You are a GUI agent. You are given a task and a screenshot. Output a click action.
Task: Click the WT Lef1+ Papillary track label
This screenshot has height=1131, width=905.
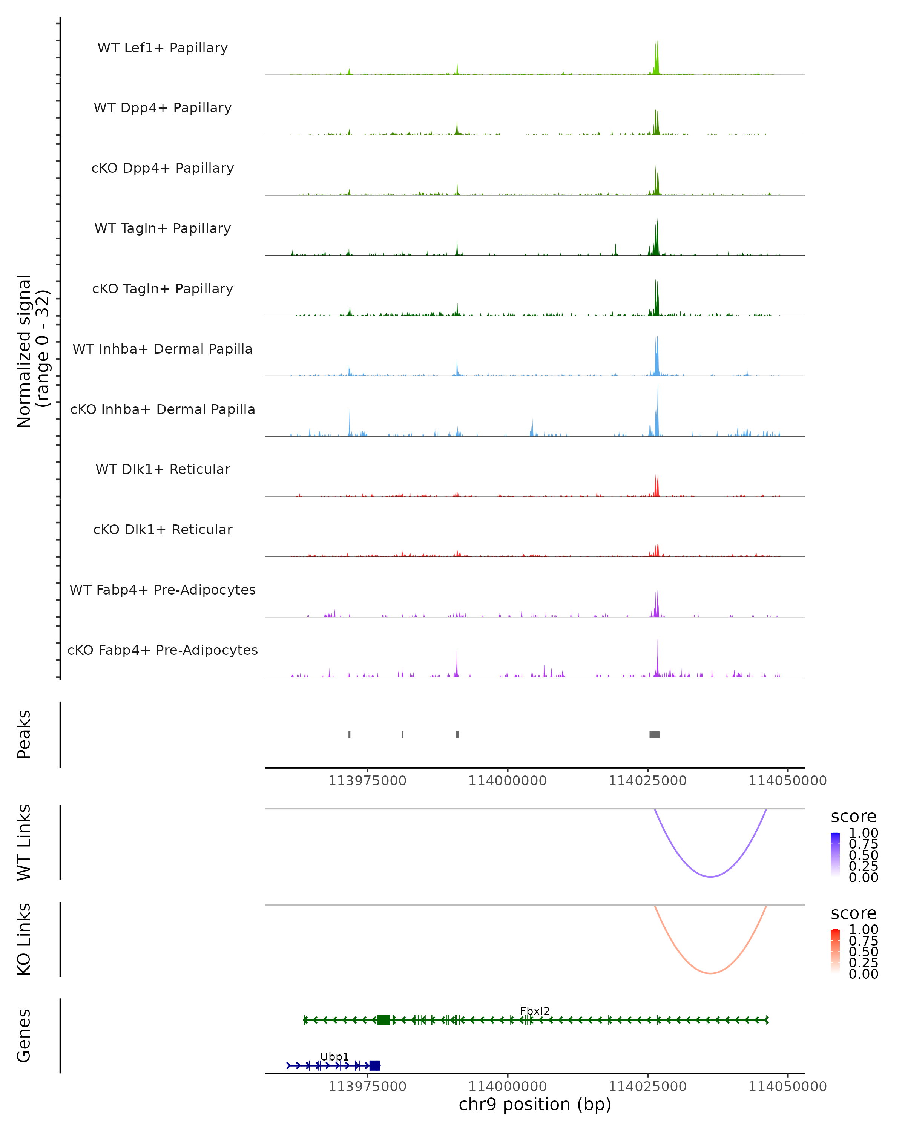163,48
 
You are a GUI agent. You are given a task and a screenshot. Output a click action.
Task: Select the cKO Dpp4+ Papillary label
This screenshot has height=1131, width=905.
163,169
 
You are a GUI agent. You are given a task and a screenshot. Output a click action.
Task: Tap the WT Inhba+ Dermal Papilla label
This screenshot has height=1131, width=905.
163,349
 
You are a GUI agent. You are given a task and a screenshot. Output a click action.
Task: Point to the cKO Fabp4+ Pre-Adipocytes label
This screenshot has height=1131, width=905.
163,650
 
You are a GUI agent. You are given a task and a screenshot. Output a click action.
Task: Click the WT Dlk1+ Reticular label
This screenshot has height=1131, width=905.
163,469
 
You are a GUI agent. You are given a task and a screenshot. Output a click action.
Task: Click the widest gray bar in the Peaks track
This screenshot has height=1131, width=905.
654,734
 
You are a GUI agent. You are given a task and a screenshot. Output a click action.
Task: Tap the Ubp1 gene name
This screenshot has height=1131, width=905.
334,1056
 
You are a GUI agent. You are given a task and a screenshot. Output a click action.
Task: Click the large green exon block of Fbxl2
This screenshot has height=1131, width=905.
383,1020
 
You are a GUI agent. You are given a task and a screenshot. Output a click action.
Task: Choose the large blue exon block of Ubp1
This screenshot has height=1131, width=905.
374,1065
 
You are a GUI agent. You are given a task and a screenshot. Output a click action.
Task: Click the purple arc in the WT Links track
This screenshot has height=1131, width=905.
710,877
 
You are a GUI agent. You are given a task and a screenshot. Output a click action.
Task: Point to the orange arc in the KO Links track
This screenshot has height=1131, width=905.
710,973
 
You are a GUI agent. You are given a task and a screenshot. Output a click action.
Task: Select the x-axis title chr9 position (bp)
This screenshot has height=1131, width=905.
535,1105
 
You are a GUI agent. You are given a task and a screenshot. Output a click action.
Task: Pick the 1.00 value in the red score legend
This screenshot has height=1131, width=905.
864,930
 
